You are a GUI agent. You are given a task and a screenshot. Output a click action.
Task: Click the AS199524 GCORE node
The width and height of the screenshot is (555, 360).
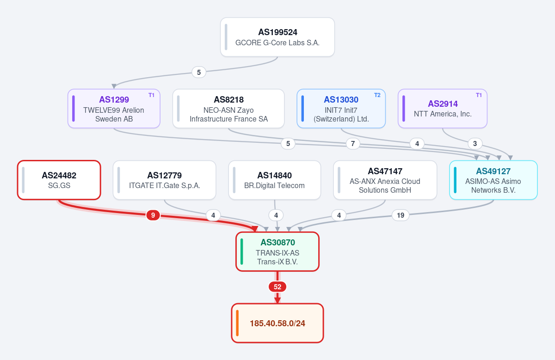point(277,37)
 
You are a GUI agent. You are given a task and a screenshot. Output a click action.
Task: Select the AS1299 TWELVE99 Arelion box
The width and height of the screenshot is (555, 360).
point(114,109)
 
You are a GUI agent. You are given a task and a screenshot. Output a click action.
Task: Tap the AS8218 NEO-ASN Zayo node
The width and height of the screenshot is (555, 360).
point(228,109)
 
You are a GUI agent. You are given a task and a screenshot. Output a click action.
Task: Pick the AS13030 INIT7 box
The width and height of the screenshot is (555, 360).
point(341,109)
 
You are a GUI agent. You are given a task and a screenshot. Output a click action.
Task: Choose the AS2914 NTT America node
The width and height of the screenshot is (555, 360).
point(443,109)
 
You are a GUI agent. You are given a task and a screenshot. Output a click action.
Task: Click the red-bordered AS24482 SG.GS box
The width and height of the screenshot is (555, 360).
point(59,180)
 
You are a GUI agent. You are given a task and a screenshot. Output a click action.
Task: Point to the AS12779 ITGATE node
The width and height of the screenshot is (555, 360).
point(165,180)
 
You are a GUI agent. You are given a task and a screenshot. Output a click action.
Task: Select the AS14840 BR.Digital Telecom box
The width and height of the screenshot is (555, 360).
point(275,180)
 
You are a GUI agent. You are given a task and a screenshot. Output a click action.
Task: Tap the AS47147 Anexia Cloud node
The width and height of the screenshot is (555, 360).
point(385,180)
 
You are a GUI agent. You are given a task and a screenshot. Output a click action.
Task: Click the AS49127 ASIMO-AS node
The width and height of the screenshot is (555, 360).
point(493,180)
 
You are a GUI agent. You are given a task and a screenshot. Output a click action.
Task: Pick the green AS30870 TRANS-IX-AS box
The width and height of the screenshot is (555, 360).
point(277,251)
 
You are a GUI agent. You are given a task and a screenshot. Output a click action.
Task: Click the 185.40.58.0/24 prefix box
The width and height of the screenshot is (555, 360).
point(277,323)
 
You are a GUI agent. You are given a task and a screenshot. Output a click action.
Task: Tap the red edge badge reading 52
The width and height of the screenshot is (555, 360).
point(277,287)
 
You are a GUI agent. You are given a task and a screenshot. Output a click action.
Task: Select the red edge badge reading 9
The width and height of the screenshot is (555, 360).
point(153,215)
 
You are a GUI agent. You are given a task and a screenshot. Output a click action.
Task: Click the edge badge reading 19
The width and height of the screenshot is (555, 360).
point(401,215)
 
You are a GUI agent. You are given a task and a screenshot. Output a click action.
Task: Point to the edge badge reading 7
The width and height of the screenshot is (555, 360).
point(353,144)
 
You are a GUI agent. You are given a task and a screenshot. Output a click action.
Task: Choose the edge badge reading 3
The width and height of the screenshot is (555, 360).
point(475,144)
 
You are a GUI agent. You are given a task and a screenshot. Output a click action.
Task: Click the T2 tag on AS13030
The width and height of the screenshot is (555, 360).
point(377,95)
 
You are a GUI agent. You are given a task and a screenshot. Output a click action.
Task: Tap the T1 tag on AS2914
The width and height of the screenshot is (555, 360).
point(479,95)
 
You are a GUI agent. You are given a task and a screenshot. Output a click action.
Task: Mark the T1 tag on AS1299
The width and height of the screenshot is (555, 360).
point(151,95)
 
